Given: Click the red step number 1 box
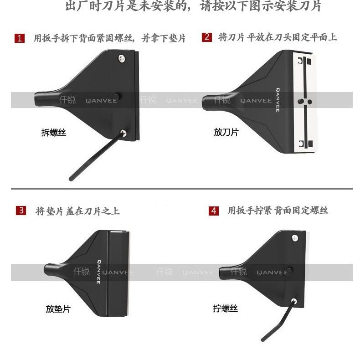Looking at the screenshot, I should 19,38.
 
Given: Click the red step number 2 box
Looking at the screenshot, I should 207,37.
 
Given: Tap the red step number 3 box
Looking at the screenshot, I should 21,211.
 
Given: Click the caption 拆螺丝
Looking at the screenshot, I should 54,133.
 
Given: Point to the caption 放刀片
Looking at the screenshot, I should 226,132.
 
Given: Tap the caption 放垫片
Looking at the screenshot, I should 58,309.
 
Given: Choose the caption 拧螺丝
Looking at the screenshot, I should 226,309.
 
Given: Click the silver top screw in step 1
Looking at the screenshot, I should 122,58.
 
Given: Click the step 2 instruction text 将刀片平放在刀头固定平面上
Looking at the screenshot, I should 278,37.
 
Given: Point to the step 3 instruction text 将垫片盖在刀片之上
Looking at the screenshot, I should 77,211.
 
